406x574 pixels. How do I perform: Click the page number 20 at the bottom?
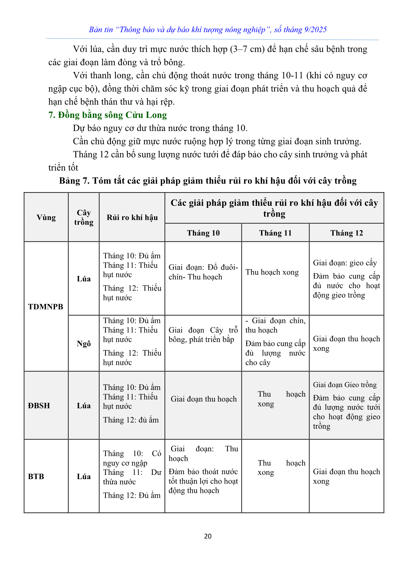[208, 536]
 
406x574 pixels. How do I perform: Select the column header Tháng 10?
[203, 233]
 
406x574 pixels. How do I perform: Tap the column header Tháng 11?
[275, 233]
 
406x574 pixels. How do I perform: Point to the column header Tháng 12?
[346, 233]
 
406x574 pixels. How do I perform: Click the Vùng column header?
[46, 217]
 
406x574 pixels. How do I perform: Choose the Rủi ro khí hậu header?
[132, 217]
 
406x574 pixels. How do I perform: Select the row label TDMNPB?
[46, 307]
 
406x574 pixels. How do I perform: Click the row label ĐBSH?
[39, 405]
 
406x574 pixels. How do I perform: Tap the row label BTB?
[36, 476]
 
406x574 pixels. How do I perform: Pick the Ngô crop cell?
[84, 343]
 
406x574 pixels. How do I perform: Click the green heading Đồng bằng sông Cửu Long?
[108, 115]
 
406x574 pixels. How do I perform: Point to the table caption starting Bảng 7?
[208, 181]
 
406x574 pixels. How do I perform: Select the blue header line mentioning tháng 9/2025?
[208, 29]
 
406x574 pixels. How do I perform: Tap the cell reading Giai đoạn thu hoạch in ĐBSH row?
[203, 399]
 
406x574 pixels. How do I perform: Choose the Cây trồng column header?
[84, 217]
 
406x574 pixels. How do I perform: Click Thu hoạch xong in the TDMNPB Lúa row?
[272, 272]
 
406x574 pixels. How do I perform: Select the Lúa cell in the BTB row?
[84, 476]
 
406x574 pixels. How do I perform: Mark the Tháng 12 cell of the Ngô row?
[346, 343]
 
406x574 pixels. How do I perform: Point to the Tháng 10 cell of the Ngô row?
[203, 335]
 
